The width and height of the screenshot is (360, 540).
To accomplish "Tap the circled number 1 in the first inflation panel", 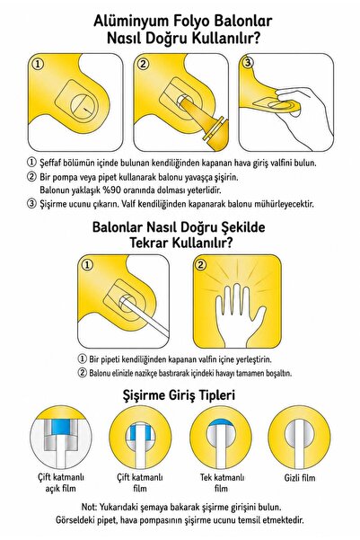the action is click(x=38, y=64).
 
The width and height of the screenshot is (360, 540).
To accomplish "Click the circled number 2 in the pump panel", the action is click(x=143, y=64).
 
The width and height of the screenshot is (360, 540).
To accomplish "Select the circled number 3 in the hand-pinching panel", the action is click(x=248, y=63).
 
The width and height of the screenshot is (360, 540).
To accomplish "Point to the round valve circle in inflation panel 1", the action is click(x=83, y=105).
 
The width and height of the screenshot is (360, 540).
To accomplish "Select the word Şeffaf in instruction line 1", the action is click(x=50, y=163).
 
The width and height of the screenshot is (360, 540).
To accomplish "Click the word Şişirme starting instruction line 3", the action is click(x=53, y=204).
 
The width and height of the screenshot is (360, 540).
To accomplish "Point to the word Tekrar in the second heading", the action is click(x=149, y=243).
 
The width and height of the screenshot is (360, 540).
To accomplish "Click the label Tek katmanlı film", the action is click(x=222, y=482).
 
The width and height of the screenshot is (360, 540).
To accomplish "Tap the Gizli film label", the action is click(x=300, y=478).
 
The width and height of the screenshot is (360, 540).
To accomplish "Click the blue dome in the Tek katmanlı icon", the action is click(x=220, y=423).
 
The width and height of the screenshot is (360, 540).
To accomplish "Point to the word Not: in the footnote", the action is click(x=89, y=507).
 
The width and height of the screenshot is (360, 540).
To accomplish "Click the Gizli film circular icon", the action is click(x=299, y=438).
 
